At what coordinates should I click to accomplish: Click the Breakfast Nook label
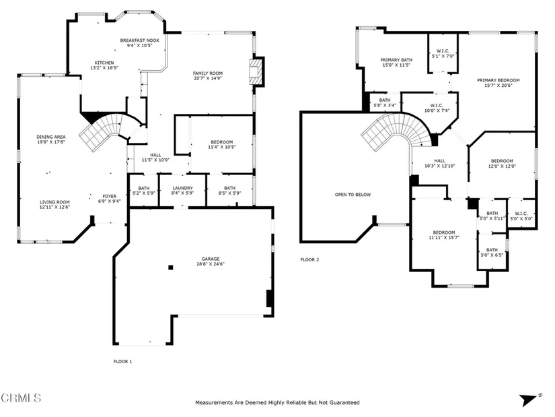click(x=139, y=40)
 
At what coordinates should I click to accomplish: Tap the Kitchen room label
click(x=104, y=63)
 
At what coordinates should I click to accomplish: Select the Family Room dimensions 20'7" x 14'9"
click(x=208, y=78)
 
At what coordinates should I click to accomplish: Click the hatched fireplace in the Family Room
click(x=256, y=72)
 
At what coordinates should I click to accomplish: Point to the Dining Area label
click(x=51, y=137)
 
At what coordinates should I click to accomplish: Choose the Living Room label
click(x=54, y=202)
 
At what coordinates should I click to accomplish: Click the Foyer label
click(x=110, y=196)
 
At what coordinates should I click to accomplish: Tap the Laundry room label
click(x=182, y=188)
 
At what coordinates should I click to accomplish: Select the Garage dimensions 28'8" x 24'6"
click(x=211, y=264)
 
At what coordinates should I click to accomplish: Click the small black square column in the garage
click(x=171, y=267)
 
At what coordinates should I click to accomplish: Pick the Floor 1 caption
click(x=122, y=361)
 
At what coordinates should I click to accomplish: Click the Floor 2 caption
click(x=309, y=259)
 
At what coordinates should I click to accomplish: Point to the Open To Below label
click(x=353, y=195)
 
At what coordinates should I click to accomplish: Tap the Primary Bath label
click(x=396, y=60)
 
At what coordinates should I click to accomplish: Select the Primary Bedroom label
click(x=498, y=80)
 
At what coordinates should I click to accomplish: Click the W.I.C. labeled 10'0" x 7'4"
click(x=437, y=108)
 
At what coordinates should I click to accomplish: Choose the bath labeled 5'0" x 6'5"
click(x=492, y=252)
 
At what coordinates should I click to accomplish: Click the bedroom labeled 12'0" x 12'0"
click(x=502, y=163)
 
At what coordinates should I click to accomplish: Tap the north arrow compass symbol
click(x=530, y=399)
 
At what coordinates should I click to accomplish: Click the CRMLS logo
click(x=21, y=398)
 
